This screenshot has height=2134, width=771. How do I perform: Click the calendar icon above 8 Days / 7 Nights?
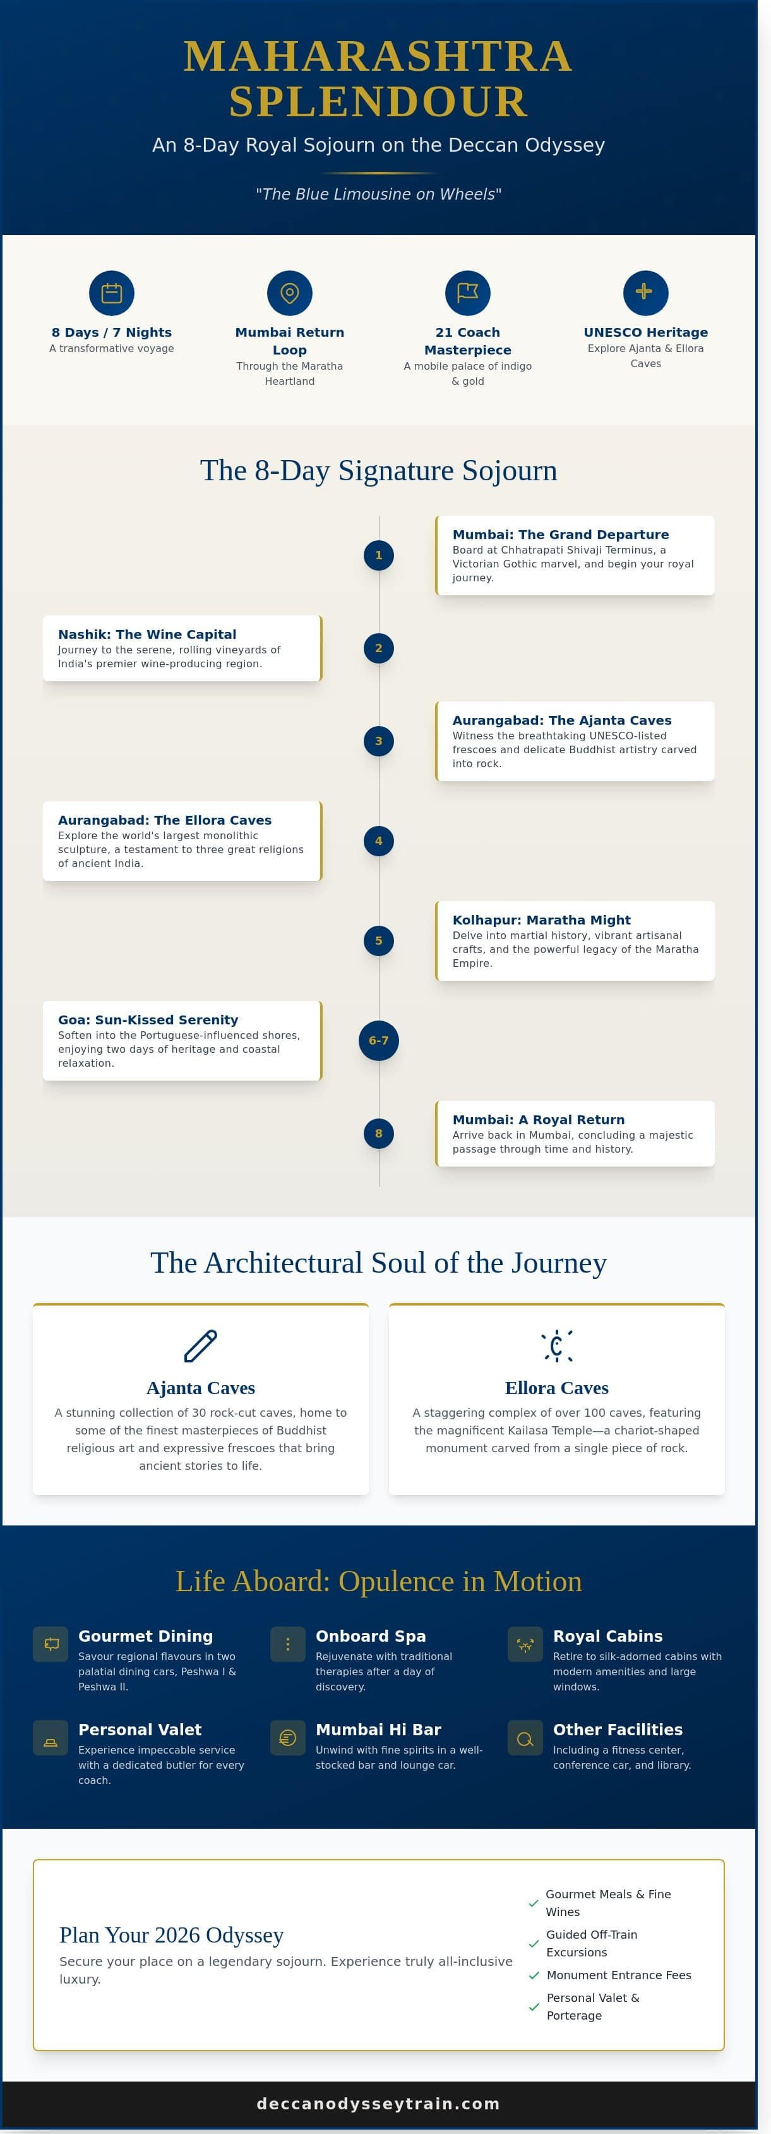[x=112, y=293]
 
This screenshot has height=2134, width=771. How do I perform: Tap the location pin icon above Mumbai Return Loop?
[x=290, y=293]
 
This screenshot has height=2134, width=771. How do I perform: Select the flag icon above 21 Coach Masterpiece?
[x=468, y=293]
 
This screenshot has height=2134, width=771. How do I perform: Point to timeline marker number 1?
[x=378, y=555]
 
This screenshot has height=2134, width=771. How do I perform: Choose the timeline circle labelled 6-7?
[x=378, y=1041]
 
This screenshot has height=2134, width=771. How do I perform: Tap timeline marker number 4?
[x=378, y=841]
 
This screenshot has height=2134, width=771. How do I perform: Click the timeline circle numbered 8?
[x=378, y=1133]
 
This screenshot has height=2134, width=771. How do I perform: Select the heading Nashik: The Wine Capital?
[x=147, y=634]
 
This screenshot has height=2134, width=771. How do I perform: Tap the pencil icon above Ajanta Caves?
[x=200, y=1346]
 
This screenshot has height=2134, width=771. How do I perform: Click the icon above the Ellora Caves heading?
[x=556, y=1346]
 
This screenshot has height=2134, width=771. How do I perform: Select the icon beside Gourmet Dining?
[x=51, y=1644]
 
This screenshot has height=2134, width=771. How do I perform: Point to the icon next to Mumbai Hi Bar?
[x=288, y=1738]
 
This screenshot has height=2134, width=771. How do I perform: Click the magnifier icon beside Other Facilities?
[x=525, y=1738]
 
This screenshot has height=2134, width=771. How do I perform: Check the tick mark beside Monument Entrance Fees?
[x=534, y=1975]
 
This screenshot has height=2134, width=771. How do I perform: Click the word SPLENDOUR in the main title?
[x=378, y=102]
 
